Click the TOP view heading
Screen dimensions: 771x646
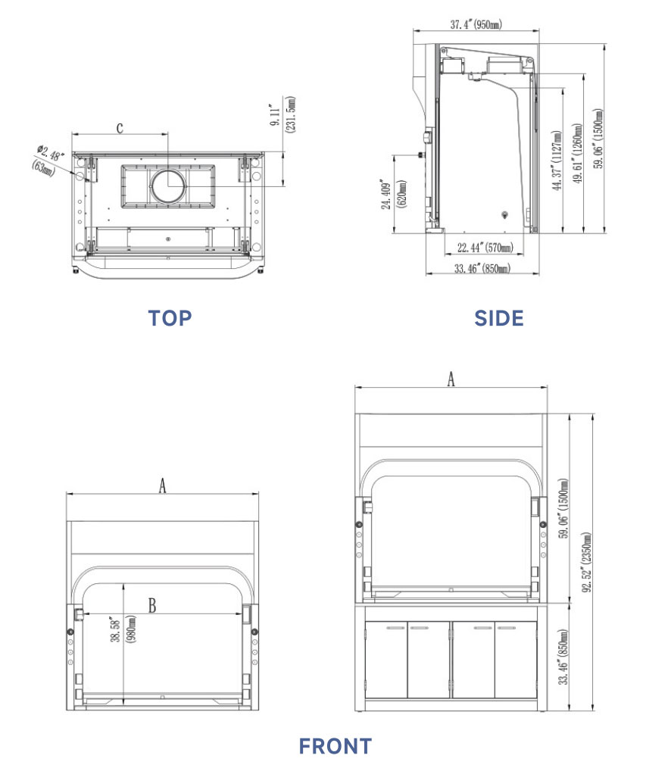click(170, 318)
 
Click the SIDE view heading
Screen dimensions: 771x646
click(498, 318)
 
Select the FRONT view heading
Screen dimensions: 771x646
click(335, 746)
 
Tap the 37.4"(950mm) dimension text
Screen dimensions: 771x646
click(476, 25)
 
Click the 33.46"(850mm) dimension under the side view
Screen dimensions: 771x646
click(482, 268)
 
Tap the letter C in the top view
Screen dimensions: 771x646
click(120, 127)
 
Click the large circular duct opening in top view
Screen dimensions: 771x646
click(167, 186)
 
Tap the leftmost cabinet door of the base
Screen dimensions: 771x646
click(385, 661)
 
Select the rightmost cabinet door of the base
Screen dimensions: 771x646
click(517, 661)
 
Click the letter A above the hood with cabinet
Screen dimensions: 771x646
click(451, 379)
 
